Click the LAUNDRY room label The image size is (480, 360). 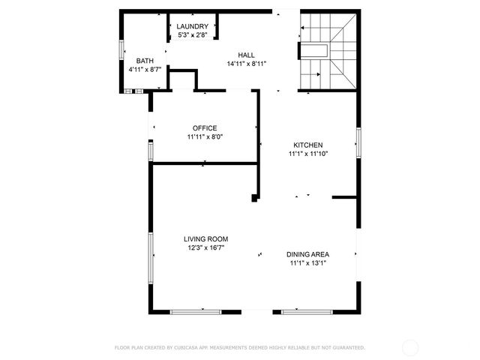pyautogui.click(x=193, y=27)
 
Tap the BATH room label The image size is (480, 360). pyautogui.click(x=145, y=61)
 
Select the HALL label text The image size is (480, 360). pyautogui.click(x=247, y=55)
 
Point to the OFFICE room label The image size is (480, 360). pyautogui.click(x=205, y=128)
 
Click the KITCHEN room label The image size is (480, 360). pyautogui.click(x=307, y=145)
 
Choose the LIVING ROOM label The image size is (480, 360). pyautogui.click(x=205, y=238)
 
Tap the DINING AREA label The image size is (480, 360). pyautogui.click(x=307, y=254)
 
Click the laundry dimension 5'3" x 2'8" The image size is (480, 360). pyautogui.click(x=193, y=35)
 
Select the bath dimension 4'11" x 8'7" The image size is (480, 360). pyautogui.click(x=145, y=69)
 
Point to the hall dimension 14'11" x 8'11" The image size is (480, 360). pyautogui.click(x=247, y=64)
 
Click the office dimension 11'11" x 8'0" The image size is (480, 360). pyautogui.click(x=205, y=136)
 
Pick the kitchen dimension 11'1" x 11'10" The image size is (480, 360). pyautogui.click(x=308, y=153)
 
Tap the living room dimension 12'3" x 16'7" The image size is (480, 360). pyautogui.click(x=205, y=247)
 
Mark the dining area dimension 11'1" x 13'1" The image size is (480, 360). pyautogui.click(x=307, y=262)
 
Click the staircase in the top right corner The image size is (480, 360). pyautogui.click(x=328, y=51)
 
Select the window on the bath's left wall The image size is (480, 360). pyautogui.click(x=122, y=47)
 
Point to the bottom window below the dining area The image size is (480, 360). pyautogui.click(x=307, y=311)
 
